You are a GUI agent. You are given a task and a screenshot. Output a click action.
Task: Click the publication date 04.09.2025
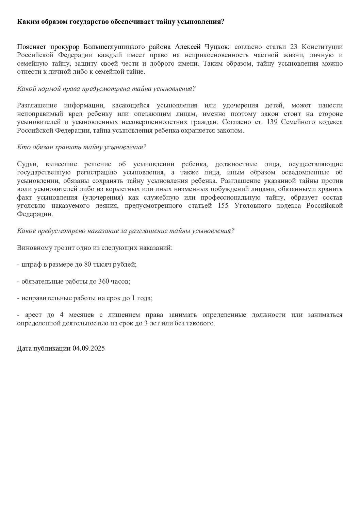coord(88,348)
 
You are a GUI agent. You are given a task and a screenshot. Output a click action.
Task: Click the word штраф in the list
coord(30,265)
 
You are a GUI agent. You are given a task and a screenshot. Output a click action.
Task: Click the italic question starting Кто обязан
coord(81,147)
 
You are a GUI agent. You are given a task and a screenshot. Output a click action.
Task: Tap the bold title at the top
coord(120,22)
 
